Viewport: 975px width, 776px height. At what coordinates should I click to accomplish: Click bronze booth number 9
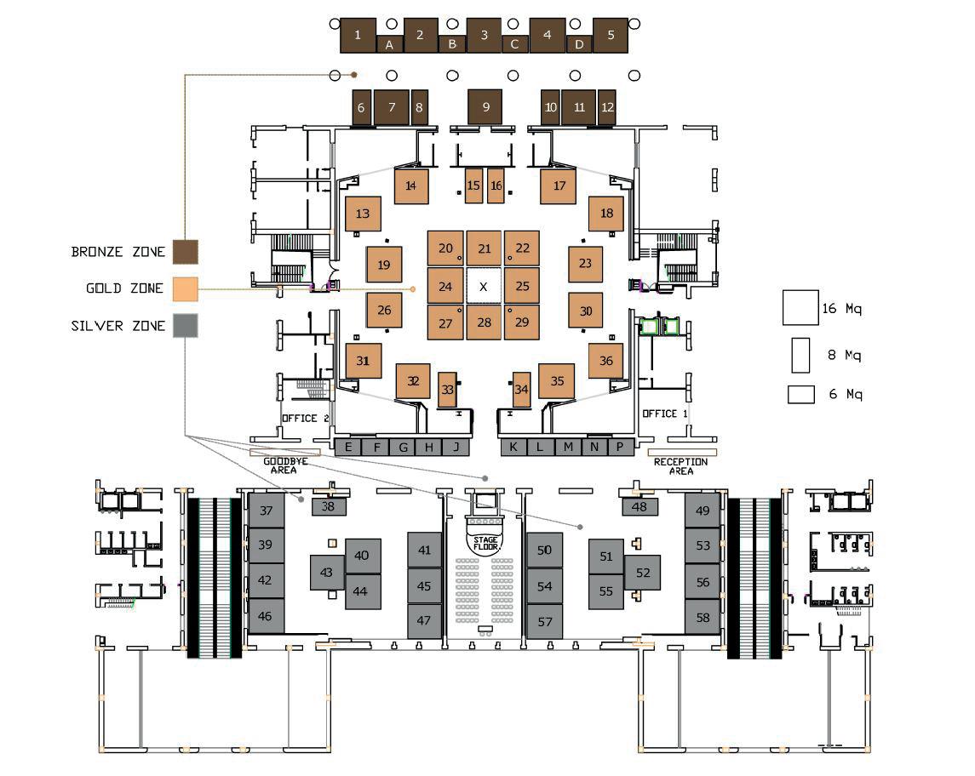coord(485,106)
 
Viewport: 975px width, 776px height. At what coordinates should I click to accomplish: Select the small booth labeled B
coord(452,43)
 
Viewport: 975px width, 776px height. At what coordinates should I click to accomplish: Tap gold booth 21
coord(485,248)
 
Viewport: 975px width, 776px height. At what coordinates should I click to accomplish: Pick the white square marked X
coord(484,287)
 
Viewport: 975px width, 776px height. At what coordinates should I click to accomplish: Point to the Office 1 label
coord(664,414)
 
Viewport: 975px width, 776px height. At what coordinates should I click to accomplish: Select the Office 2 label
coord(305,418)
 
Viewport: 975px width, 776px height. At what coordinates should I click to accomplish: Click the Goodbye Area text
coord(284,465)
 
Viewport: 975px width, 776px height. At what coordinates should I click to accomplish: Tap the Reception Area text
coord(680,465)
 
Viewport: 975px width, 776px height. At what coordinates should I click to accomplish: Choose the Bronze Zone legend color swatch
coord(186,252)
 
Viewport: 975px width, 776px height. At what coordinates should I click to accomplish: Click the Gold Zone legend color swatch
coord(186,289)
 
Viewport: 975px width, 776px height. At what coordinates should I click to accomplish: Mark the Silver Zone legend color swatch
coord(186,326)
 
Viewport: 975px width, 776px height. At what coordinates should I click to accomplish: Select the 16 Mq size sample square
coord(800,308)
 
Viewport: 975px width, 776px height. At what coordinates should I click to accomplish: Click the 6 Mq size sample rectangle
coord(800,395)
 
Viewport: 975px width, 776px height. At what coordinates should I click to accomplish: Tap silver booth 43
coord(327,573)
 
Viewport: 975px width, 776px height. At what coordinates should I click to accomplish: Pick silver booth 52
coord(642,573)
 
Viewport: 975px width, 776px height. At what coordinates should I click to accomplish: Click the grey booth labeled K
coord(513,447)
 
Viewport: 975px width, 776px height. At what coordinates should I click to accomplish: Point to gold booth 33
coord(448,390)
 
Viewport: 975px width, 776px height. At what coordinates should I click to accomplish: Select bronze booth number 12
coord(607,107)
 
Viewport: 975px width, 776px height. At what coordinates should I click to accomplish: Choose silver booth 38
coord(329,506)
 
